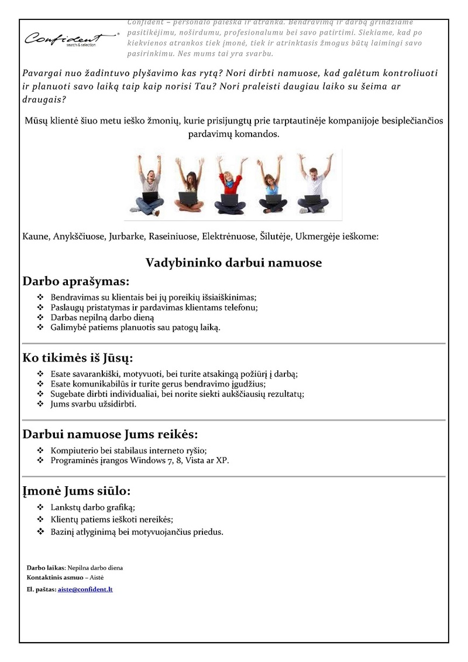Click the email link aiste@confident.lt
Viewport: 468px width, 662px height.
pos(85,589)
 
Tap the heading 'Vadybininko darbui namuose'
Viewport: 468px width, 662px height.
pos(233,262)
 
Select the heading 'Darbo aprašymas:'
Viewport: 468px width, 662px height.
pos(76,281)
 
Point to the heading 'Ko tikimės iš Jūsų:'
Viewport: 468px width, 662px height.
pos(78,357)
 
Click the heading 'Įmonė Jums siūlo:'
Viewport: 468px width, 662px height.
pos(76,490)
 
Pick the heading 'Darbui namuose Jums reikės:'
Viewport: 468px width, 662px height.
pos(110,435)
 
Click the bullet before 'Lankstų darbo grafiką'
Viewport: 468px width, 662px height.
pos(40,508)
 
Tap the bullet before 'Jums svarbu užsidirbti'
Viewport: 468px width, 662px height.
pos(40,404)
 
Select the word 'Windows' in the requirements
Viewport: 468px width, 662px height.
pos(140,460)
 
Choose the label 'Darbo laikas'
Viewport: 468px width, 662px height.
pos(46,568)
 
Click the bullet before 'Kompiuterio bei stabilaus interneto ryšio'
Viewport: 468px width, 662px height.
pos(40,451)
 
